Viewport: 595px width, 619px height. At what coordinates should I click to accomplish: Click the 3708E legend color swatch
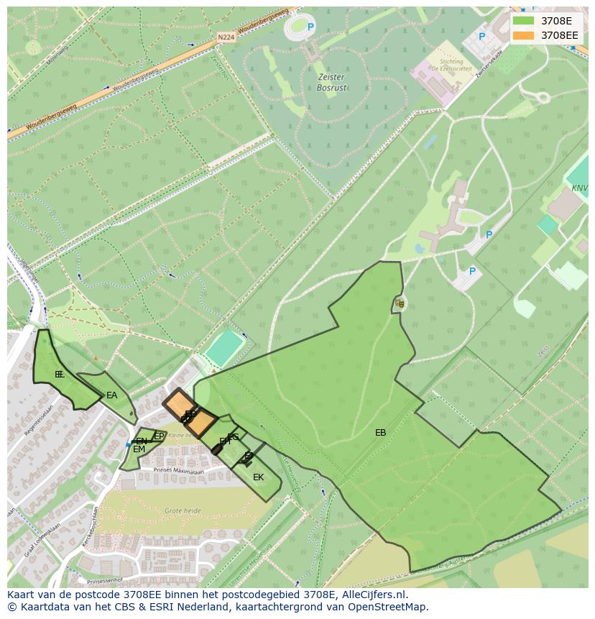[524, 21]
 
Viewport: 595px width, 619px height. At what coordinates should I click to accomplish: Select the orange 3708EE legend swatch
[524, 35]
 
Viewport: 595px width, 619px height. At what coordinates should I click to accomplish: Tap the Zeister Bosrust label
[331, 82]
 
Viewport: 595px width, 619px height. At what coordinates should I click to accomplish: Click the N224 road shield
[226, 36]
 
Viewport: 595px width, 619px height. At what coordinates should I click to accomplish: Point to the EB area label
[380, 433]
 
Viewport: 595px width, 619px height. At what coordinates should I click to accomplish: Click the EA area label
[111, 395]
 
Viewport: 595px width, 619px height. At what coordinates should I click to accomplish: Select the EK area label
[258, 477]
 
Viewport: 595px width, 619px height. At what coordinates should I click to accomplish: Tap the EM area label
[139, 449]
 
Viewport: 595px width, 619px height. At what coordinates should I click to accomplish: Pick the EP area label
[159, 436]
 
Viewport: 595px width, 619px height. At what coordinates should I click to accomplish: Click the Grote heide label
[183, 510]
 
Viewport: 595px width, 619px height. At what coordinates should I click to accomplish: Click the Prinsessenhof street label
[105, 579]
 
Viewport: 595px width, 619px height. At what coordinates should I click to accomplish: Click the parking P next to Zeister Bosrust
[311, 27]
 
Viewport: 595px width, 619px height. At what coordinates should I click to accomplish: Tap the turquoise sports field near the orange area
[224, 347]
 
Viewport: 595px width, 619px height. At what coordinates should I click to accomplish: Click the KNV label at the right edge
[579, 188]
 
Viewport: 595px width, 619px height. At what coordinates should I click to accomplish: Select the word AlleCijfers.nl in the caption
[373, 595]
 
